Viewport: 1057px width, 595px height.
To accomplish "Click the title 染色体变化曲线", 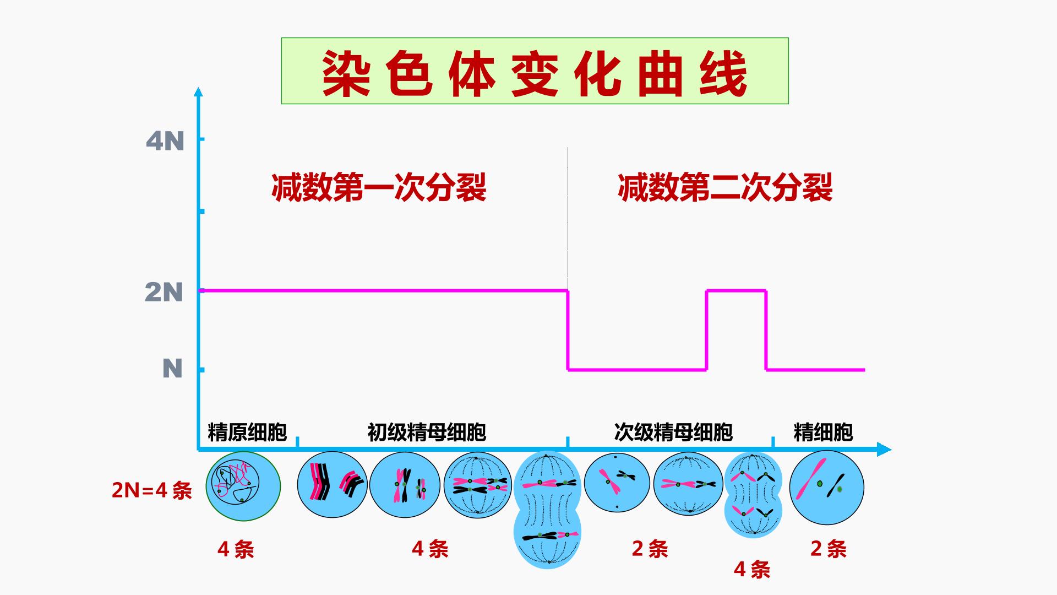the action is click(x=535, y=74).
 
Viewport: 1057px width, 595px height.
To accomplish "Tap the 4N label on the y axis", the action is click(x=165, y=142).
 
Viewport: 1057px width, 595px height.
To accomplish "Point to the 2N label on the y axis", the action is click(x=164, y=292).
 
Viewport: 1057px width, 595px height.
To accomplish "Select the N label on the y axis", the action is click(x=172, y=368).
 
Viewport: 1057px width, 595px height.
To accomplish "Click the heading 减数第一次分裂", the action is click(x=379, y=187).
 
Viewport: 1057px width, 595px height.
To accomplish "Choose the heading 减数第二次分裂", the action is click(x=725, y=187).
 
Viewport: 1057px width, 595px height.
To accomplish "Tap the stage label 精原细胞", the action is click(x=247, y=432).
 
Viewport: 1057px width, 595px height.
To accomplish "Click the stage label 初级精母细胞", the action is click(x=427, y=432).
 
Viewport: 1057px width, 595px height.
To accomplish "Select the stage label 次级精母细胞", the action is click(x=673, y=432).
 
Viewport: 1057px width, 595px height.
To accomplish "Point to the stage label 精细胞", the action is click(x=823, y=432).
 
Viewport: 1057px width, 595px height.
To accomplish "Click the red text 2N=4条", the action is click(x=152, y=490).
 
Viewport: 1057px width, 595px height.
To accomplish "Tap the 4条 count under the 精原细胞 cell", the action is click(x=236, y=549).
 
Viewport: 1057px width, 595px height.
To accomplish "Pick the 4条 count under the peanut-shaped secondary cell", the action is click(x=752, y=569).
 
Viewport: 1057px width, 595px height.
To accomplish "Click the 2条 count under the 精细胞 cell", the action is click(x=829, y=549).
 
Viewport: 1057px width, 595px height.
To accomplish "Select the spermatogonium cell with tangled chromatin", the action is click(x=243, y=486).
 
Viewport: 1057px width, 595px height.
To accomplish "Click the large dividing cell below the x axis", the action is click(x=548, y=510).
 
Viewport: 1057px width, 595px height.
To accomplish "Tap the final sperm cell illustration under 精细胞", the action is click(x=827, y=488).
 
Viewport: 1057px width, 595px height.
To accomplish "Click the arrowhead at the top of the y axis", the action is click(x=199, y=91).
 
